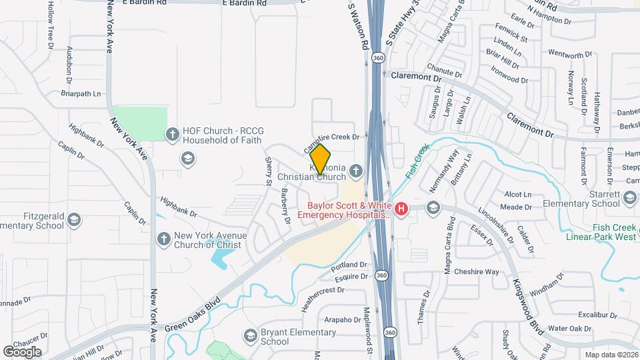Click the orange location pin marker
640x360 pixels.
(320, 159)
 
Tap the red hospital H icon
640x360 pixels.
(401, 209)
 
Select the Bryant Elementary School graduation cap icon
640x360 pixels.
(251, 335)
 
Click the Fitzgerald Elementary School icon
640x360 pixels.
(74, 219)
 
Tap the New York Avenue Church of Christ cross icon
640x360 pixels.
(163, 238)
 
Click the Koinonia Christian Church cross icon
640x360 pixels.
(356, 171)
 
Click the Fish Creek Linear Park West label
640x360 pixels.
(601, 231)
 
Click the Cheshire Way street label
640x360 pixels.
(476, 271)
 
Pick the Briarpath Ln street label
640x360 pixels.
(84, 94)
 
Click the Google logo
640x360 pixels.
(22, 351)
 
